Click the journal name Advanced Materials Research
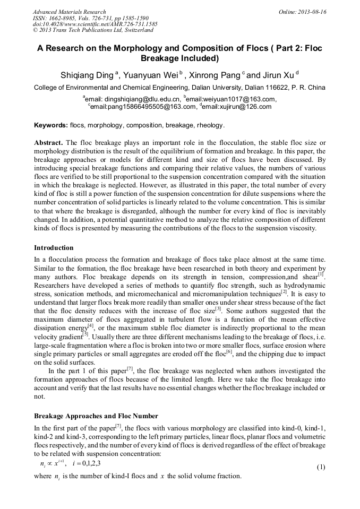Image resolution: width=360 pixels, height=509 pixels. pyautogui.click(x=69, y=12)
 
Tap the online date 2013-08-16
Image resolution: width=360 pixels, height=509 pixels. pyautogui.click(x=311, y=12)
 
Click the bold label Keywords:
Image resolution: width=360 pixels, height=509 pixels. pyautogui.click(x=51, y=126)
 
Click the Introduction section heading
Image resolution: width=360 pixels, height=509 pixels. pyautogui.click(x=54, y=248)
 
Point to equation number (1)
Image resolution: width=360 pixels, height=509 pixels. pyautogui.click(x=321, y=467)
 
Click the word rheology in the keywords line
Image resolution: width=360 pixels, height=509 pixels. pyautogui.click(x=210, y=126)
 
